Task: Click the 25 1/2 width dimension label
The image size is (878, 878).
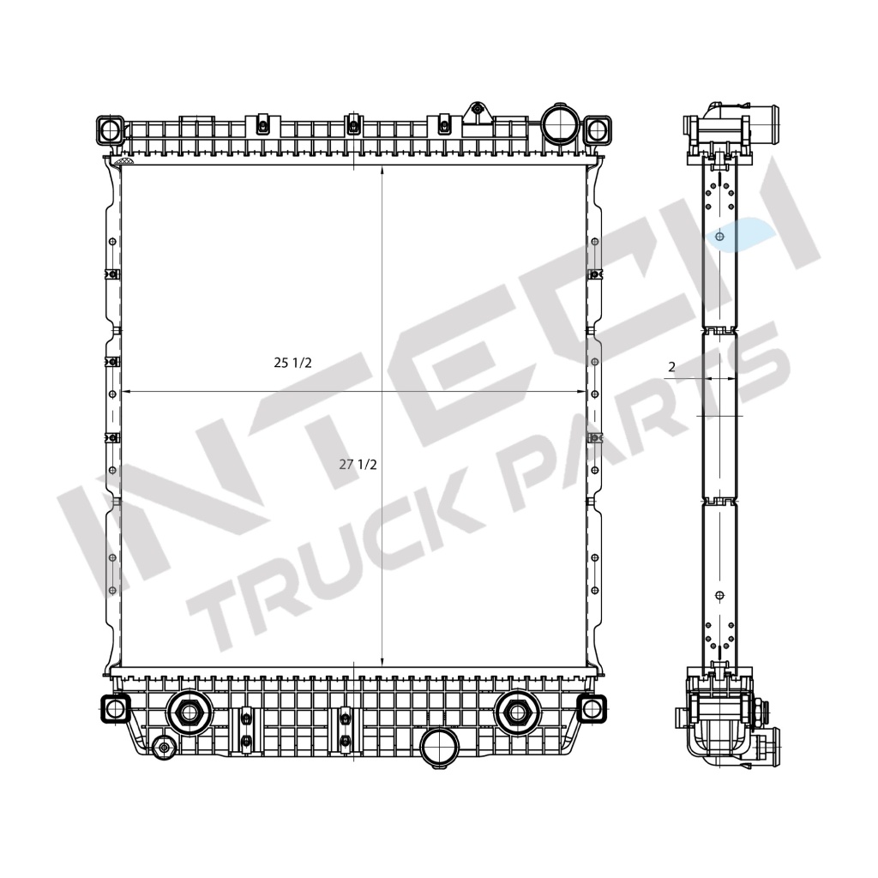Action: coord(292,363)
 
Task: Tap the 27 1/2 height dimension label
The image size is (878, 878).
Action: coord(358,465)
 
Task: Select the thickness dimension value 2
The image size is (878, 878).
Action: coord(671,367)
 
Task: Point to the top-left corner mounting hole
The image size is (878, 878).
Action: coord(111,130)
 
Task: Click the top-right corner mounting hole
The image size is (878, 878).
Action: coord(596,130)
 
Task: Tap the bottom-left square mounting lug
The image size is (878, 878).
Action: coord(113,707)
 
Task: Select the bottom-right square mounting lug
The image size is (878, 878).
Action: coord(590,707)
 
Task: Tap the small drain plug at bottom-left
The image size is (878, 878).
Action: coord(164,748)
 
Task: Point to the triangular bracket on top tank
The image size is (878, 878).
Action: coord(476,113)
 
